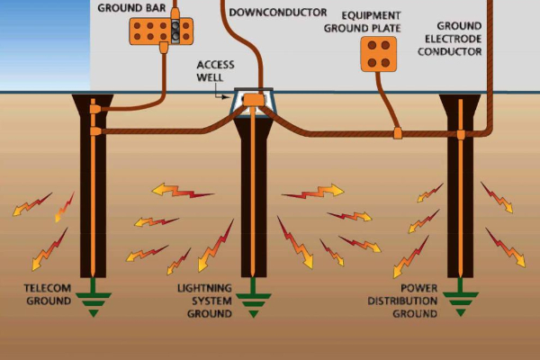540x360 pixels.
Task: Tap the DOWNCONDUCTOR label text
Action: [x=278, y=12]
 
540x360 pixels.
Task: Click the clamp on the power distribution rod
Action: [x=463, y=134]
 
